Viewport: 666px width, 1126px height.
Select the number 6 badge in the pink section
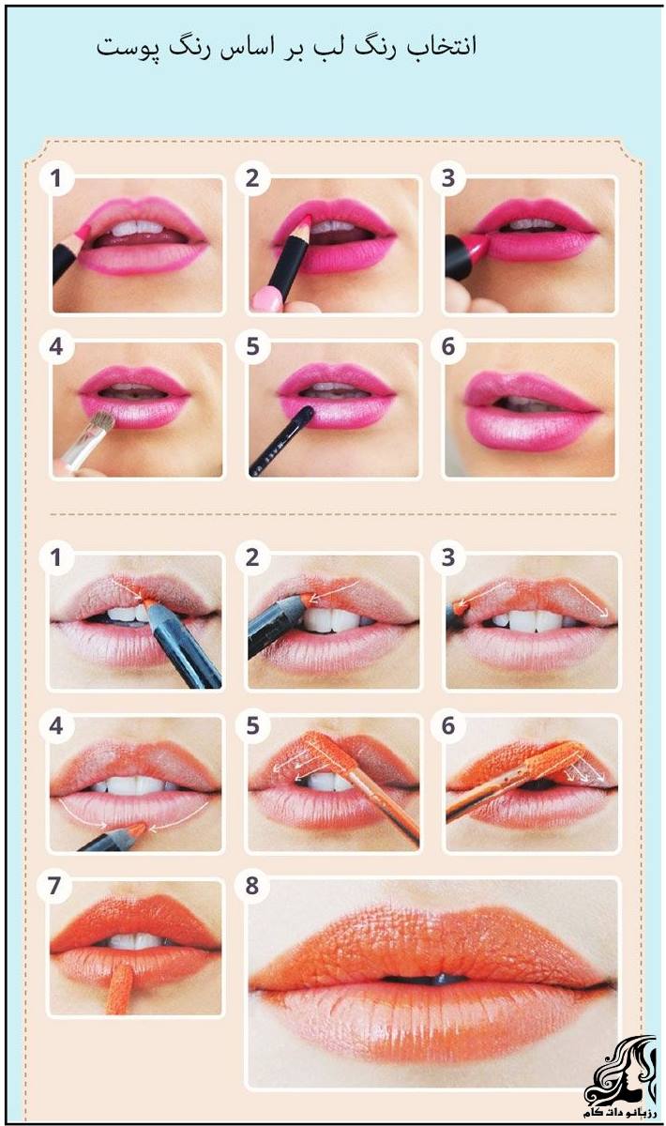(447, 346)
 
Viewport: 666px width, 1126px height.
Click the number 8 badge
(251, 885)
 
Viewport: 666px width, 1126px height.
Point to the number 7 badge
(55, 885)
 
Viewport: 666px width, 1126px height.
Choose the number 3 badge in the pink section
(447, 178)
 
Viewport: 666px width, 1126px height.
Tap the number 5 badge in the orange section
(251, 725)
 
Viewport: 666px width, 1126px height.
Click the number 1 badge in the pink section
(55, 178)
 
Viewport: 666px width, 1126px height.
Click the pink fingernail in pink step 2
(267, 300)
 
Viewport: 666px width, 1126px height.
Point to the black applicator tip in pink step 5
(305, 415)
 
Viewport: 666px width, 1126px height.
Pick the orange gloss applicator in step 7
(120, 988)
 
